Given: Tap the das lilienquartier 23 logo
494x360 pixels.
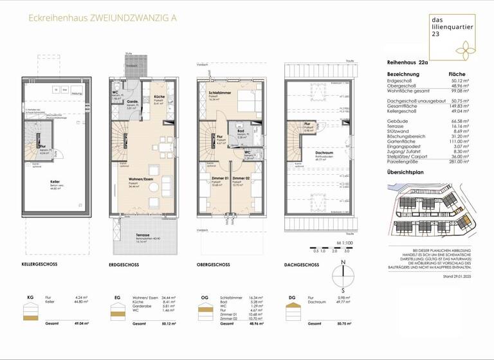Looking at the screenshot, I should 452,37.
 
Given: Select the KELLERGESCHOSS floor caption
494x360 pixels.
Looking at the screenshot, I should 41,265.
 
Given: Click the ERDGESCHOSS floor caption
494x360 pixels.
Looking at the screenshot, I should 125,265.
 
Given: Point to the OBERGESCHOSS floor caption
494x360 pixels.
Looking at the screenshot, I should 214,265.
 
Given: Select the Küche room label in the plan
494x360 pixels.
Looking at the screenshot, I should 158,96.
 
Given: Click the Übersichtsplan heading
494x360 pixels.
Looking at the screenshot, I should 406,172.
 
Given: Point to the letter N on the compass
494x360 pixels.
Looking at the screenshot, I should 343,262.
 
